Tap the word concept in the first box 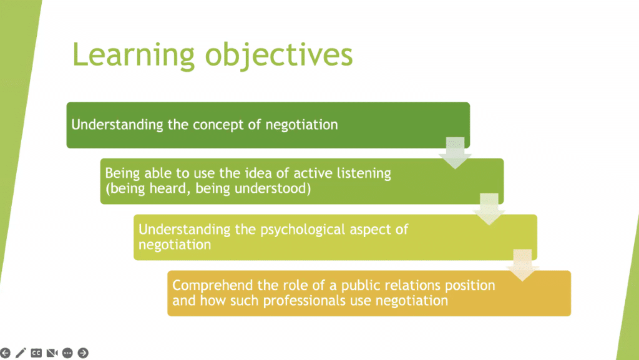[218, 125]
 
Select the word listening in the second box [364, 173]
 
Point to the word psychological [303, 230]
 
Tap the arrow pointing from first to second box [455, 153]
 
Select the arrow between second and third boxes [489, 209]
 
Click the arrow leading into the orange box [522, 265]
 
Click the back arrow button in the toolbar [5, 353]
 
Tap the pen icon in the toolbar [21, 353]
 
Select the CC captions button [36, 353]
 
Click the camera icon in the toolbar [52, 353]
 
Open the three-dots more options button [67, 353]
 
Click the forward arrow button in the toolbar [83, 353]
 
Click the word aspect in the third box [371, 230]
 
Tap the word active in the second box [313, 173]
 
